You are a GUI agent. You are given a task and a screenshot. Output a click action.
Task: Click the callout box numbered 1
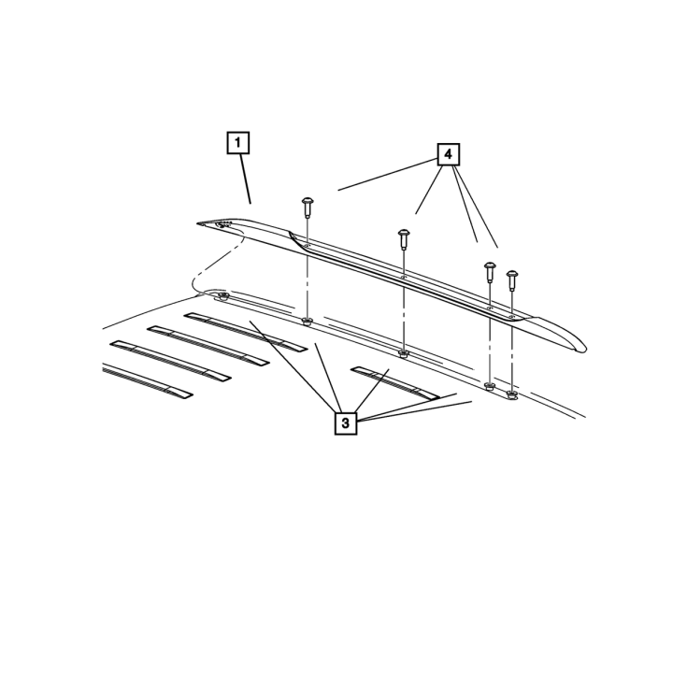[x=238, y=142]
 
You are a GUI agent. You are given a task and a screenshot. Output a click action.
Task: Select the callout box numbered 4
[x=449, y=154]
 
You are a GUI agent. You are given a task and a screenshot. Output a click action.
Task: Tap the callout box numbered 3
[x=346, y=423]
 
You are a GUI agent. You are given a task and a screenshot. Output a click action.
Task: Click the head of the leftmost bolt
[x=308, y=201]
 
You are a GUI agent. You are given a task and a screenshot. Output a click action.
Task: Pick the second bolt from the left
[x=403, y=239]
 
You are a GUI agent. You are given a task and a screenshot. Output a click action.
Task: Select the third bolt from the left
[x=490, y=272]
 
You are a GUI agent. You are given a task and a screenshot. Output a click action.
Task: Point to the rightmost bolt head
[x=512, y=274]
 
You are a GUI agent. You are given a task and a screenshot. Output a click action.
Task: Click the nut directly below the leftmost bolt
[x=307, y=322]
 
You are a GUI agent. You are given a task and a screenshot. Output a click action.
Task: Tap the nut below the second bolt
[x=404, y=354]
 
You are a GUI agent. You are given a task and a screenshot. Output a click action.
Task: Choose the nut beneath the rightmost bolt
[x=511, y=394]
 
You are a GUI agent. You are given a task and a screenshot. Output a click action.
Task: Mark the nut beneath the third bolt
[x=489, y=386]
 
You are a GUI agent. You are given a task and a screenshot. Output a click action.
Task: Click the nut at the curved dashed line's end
[x=222, y=296]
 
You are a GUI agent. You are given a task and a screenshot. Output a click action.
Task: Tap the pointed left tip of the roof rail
[x=198, y=223]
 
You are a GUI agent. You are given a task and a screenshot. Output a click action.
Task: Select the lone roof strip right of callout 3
[x=394, y=383]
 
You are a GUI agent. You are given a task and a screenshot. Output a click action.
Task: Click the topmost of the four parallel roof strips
[x=246, y=332]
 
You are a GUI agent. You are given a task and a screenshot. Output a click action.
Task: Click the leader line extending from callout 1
[x=246, y=179]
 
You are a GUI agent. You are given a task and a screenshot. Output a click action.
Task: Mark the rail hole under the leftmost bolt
[x=307, y=246]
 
